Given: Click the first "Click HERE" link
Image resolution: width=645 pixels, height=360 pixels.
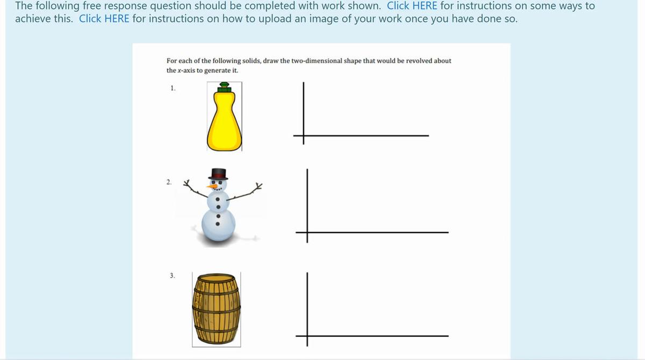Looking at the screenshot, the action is click(412, 6).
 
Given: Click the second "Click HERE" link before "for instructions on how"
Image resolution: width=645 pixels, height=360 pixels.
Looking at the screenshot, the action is click(104, 19).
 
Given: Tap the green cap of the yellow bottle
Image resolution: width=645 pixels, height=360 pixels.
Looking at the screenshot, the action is click(224, 87).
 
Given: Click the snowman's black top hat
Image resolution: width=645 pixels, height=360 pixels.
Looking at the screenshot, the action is click(218, 174).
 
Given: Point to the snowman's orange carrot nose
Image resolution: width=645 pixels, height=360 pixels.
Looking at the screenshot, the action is click(212, 186).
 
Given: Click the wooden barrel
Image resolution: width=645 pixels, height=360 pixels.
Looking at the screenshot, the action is click(216, 309).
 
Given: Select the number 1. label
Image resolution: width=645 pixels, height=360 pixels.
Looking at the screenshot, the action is click(173, 88).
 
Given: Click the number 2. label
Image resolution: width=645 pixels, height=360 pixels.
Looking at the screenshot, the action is click(169, 182).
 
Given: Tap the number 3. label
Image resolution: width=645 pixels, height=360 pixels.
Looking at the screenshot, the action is click(172, 276).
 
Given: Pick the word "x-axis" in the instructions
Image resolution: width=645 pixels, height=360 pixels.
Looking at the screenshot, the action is click(186, 70).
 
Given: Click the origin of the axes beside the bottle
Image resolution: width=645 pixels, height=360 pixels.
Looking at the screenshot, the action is click(303, 135).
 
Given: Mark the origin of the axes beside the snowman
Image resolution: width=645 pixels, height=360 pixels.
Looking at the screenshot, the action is click(307, 232).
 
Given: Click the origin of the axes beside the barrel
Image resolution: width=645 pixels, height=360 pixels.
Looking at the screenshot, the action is click(307, 336).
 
